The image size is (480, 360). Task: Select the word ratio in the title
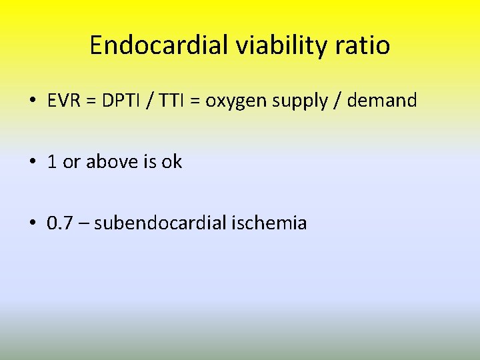365,45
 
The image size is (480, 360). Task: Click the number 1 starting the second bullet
52,162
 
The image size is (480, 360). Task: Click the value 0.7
59,223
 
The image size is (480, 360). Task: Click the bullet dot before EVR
32,101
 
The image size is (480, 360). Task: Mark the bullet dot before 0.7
32,223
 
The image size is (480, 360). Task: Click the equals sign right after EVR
89,101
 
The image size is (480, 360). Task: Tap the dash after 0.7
83,223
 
